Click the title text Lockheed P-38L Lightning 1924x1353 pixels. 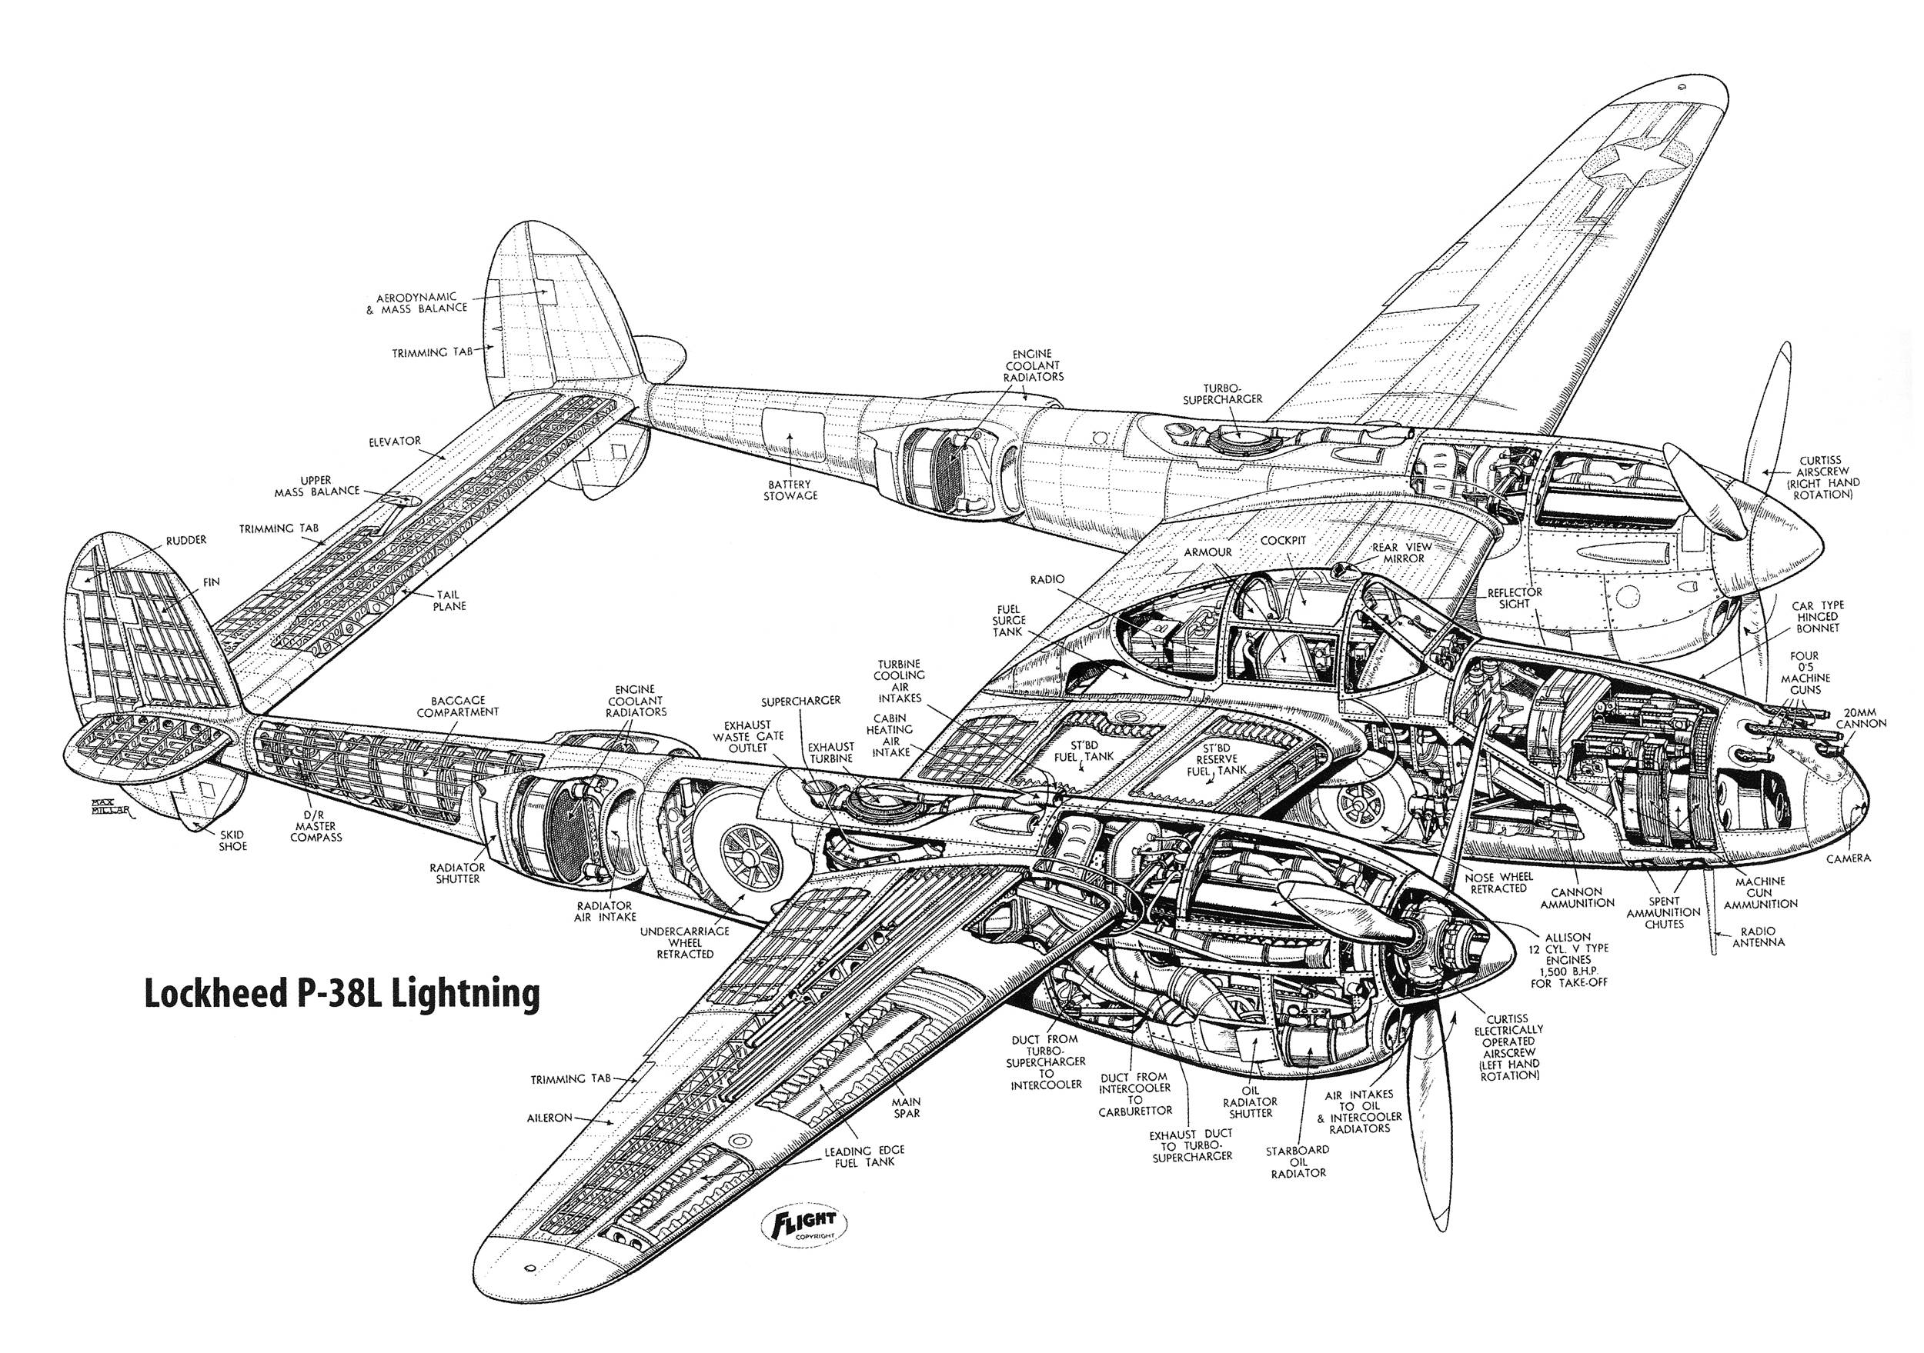(342, 994)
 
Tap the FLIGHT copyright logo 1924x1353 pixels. (804, 1229)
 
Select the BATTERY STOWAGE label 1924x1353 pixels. (791, 490)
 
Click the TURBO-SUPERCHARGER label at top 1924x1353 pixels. (1222, 394)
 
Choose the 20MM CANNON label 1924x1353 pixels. (1860, 716)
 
